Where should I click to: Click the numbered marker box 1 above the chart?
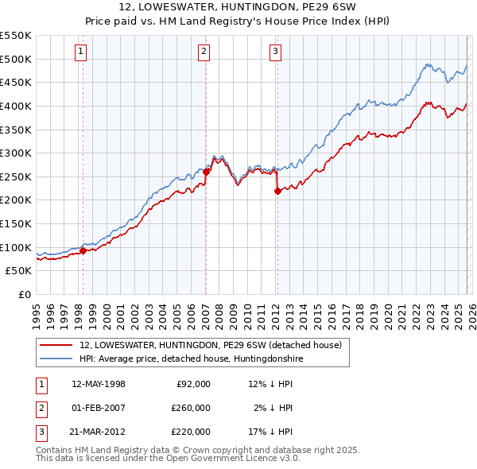[x=82, y=52]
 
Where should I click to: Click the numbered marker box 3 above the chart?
[x=275, y=52]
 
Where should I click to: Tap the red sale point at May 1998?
[x=83, y=250]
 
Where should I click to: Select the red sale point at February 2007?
[x=206, y=171]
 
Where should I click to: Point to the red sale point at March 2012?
[x=277, y=190]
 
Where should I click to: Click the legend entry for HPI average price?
[x=191, y=359]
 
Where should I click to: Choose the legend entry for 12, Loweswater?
[x=210, y=345]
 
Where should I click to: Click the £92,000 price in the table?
[x=193, y=384]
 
